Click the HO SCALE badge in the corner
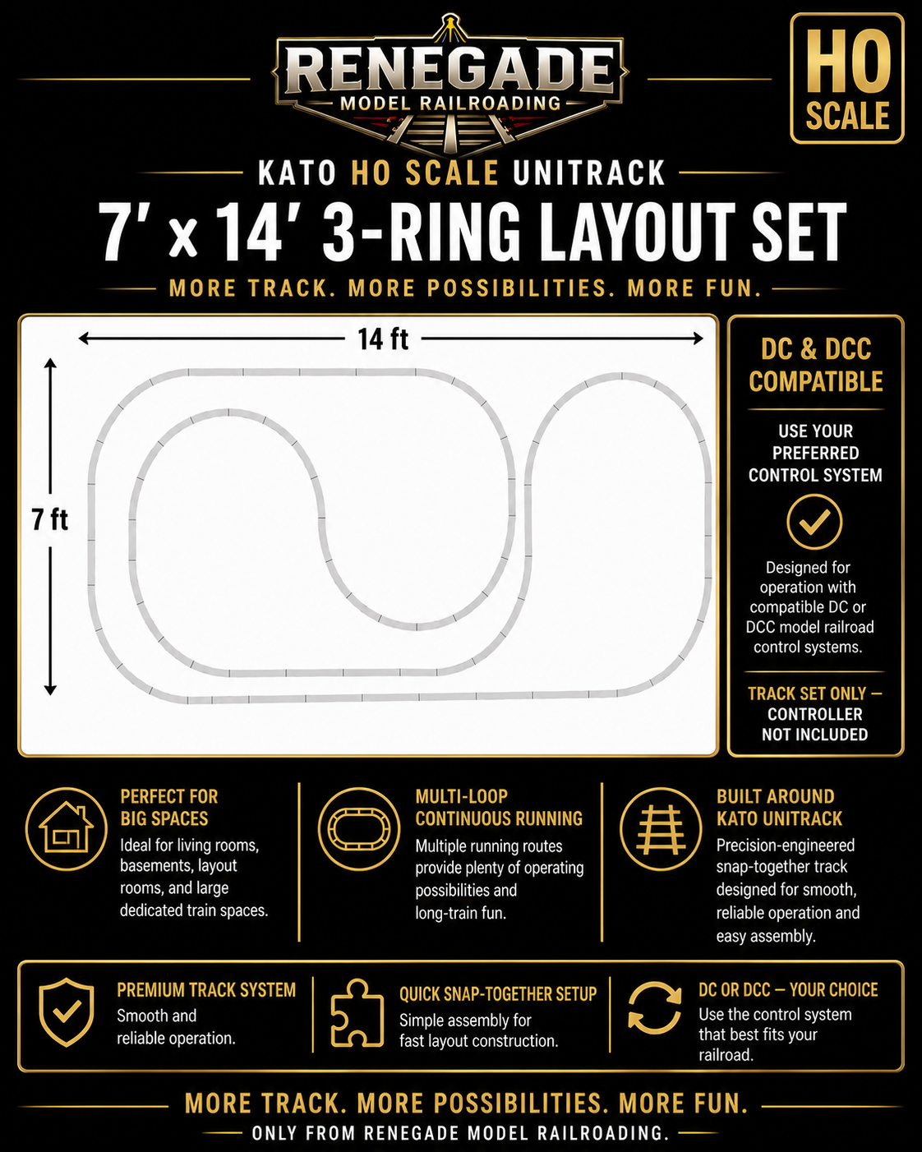coord(847,79)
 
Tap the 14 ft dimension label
coord(383,339)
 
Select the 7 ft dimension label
coord(50,520)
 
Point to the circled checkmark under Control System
coord(814,522)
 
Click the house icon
coord(67,829)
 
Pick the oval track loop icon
coord(359,829)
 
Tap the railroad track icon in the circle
coord(661,829)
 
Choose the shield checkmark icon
coord(67,1011)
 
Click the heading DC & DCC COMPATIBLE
coord(815,365)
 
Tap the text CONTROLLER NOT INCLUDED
coord(815,724)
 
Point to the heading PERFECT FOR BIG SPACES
coord(169,807)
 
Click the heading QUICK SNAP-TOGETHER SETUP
coord(498,994)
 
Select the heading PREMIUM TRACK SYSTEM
coord(206,990)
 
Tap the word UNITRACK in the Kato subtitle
coord(588,173)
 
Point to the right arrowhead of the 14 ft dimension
coord(698,339)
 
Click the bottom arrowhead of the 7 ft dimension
coord(50,690)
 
